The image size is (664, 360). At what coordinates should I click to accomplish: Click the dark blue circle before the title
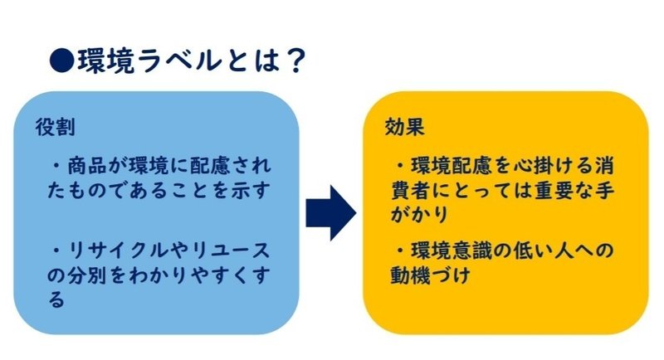[61, 61]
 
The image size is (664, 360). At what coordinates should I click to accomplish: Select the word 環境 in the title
[106, 61]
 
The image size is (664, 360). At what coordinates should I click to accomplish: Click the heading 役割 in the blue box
[56, 127]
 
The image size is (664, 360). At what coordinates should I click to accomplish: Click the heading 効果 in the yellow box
[404, 126]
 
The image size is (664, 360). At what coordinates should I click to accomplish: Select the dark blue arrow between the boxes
[330, 213]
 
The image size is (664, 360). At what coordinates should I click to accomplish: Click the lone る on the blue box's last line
[56, 300]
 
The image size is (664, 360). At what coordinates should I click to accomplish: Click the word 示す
[251, 190]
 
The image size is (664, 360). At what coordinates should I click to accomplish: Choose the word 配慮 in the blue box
[210, 165]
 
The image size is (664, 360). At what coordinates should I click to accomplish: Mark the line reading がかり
[419, 215]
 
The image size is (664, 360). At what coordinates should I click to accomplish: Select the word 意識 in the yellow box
[471, 251]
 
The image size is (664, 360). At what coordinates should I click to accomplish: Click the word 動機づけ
[430, 276]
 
